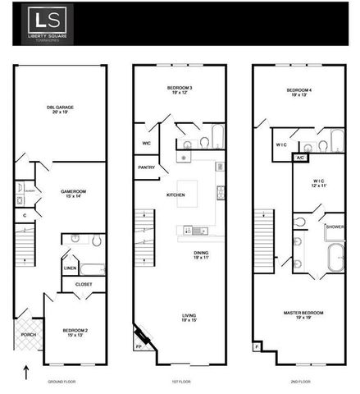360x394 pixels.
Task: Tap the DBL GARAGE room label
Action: click(60, 108)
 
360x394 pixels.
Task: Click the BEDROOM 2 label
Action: click(75, 331)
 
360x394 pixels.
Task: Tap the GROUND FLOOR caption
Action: click(62, 382)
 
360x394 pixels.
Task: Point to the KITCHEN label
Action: click(175, 195)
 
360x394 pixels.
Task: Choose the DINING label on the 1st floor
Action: click(201, 254)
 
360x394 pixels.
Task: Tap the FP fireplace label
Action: click(138, 347)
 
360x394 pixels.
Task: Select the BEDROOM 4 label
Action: click(300, 90)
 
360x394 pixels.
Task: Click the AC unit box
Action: click(300, 157)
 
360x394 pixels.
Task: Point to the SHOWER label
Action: click(334, 227)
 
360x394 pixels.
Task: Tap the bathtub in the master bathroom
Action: click(335, 258)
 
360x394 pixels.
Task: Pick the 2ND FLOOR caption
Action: click(301, 382)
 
